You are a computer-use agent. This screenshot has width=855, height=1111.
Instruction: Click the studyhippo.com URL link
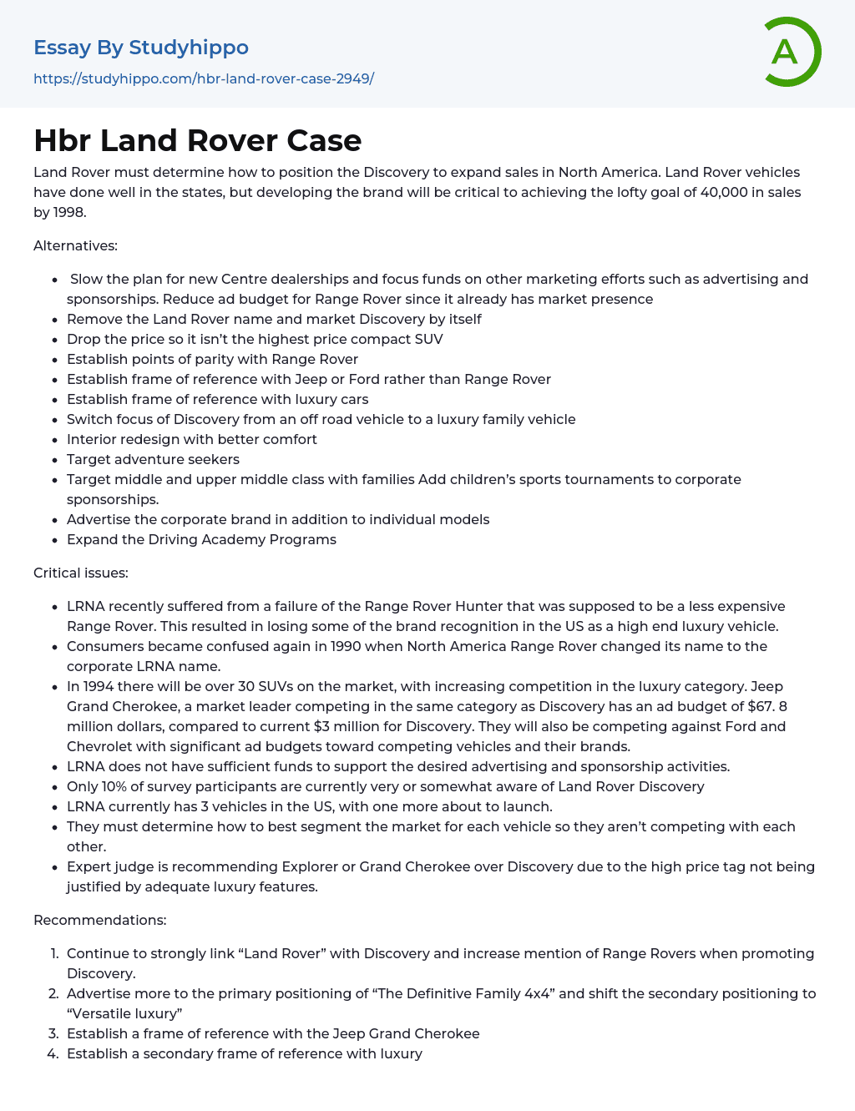[204, 78]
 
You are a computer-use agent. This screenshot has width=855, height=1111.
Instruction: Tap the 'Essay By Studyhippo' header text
[141, 48]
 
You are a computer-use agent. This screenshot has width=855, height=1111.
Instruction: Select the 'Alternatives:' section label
[75, 245]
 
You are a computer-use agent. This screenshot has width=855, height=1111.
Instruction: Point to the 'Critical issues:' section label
[80, 573]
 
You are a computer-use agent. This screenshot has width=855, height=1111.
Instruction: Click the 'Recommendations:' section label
[99, 920]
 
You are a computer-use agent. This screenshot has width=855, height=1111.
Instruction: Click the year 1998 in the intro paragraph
[68, 212]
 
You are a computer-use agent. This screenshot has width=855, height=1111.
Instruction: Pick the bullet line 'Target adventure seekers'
[153, 459]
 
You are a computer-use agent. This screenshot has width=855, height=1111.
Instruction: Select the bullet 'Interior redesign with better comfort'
[192, 439]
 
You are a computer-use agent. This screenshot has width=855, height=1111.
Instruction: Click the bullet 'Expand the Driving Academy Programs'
[201, 539]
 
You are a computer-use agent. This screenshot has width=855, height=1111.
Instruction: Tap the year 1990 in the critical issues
[346, 646]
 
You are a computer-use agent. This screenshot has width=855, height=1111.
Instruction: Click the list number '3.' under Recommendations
[53, 1033]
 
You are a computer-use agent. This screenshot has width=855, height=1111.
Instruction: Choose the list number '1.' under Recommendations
[54, 953]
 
